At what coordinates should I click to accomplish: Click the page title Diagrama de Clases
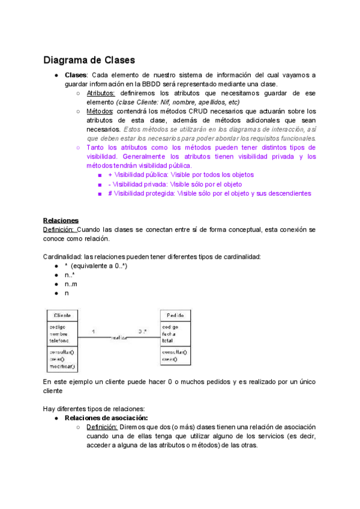point(89,60)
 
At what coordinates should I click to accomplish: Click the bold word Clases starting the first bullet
point(76,75)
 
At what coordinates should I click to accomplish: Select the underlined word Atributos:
point(101,93)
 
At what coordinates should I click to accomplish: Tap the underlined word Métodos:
point(100,111)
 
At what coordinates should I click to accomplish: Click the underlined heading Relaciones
point(61,220)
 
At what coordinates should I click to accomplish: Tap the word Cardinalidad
point(62,257)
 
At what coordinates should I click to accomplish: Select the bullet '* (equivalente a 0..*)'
point(95,266)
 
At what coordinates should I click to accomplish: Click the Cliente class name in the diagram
point(62,315)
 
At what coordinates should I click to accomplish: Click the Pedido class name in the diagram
point(176,315)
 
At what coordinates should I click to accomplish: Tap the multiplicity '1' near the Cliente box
point(93,331)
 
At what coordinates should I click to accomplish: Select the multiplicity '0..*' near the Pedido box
point(142,331)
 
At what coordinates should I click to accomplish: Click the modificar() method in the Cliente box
point(62,366)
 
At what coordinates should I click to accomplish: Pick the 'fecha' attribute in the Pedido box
point(169,333)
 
